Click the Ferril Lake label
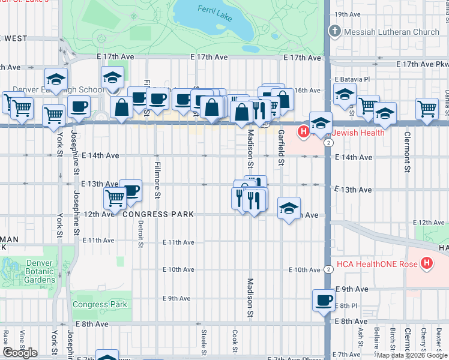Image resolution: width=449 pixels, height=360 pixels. tap(215, 10)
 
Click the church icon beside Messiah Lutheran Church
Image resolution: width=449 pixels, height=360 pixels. tap(334, 31)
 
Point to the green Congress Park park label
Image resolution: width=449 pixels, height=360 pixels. tap(100, 304)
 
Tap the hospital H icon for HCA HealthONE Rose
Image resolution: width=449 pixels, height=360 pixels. tap(427, 263)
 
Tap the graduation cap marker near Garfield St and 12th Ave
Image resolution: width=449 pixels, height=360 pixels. tap(289, 208)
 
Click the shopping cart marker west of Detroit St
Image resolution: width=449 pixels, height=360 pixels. tap(115, 197)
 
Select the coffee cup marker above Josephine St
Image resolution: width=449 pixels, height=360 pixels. tap(79, 108)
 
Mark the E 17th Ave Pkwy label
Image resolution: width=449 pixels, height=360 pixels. tap(422, 64)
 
